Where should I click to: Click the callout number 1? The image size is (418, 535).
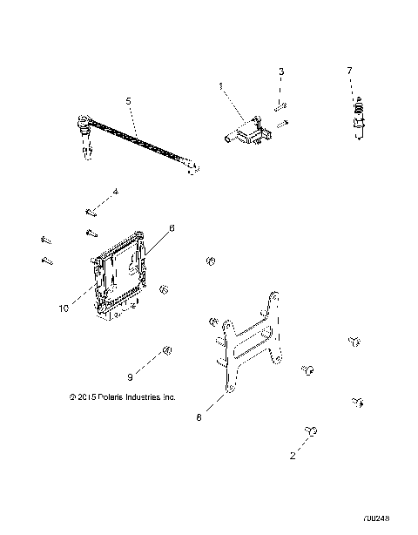220,85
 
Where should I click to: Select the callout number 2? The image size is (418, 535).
293,455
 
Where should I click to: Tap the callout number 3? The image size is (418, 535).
281,71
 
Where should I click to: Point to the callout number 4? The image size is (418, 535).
115,192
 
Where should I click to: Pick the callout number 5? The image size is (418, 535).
129,102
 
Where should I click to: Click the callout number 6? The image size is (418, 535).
172,228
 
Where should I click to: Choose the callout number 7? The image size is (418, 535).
350,71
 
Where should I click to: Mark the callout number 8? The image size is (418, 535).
199,418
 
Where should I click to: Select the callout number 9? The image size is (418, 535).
130,376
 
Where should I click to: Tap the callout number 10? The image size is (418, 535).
63,308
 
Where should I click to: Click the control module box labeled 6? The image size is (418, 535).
122,274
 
